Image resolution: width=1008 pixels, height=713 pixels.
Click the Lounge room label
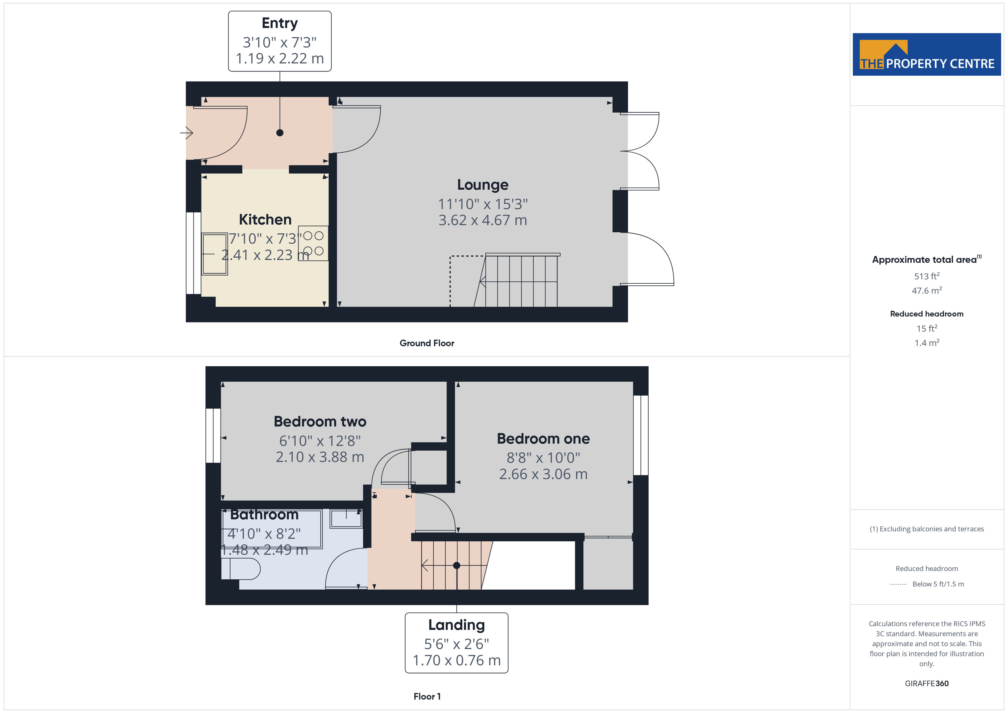coord(483,185)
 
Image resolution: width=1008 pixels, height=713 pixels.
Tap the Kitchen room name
coord(265,219)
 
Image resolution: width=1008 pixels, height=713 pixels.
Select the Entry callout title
coord(280,23)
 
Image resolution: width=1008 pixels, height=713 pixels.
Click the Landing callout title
coord(457,624)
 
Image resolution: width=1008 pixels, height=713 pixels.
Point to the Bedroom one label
coord(543,438)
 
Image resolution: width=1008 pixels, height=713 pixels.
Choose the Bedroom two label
coord(320,421)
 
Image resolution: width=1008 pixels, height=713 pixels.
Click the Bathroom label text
coord(264,514)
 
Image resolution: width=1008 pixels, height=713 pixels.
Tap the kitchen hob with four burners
coord(313,243)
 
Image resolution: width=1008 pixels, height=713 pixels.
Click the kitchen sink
coord(215,254)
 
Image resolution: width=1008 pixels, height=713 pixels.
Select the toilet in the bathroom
coord(241,569)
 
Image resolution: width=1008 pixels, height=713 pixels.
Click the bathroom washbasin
coord(346,518)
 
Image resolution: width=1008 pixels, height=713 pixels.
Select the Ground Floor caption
coord(427,343)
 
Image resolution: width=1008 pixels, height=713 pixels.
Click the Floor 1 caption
coord(427,696)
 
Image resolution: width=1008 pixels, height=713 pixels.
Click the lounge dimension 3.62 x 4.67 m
coord(483,220)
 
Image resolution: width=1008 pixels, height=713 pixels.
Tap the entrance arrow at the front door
coord(187,133)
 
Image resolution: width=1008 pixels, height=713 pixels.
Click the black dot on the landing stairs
coord(457,566)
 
